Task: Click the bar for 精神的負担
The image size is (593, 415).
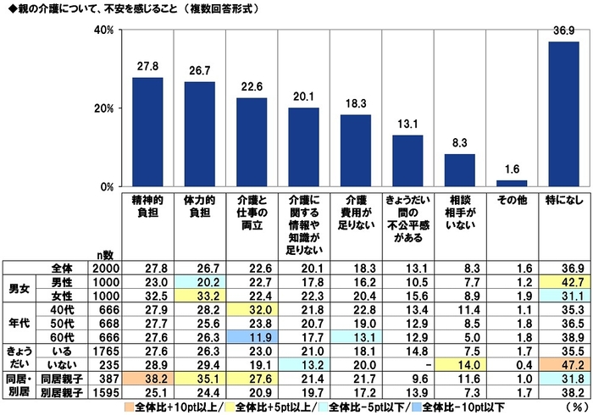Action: point(147,132)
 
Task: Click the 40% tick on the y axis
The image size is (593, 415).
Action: point(103,30)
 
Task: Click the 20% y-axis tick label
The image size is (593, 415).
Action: point(103,108)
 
